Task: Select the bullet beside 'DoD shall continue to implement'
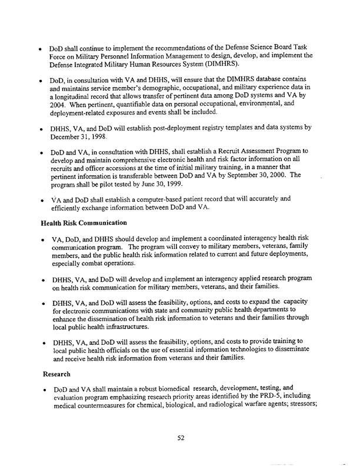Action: click(x=38, y=47)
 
